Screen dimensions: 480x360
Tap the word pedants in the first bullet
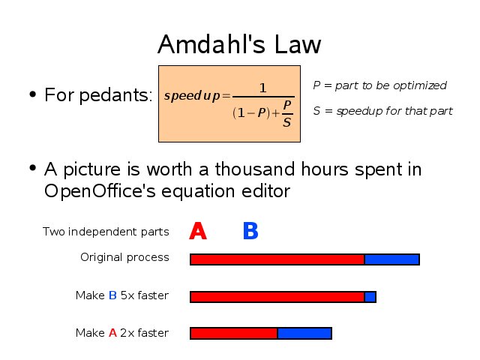(114, 95)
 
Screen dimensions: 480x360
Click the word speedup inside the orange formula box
(192, 96)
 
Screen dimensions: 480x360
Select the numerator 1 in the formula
(263, 88)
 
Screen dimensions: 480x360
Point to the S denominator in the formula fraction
(286, 122)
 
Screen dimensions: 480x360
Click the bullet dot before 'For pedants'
(33, 94)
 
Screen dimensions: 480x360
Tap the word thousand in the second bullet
(255, 169)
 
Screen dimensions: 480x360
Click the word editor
(265, 191)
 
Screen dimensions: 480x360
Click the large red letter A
(198, 231)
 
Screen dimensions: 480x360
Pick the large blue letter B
(250, 231)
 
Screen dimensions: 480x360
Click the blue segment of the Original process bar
(391, 259)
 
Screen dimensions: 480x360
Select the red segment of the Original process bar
(277, 259)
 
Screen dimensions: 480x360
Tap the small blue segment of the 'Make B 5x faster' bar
(370, 297)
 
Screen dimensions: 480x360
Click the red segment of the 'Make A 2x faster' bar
(233, 333)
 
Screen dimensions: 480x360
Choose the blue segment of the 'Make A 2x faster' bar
(304, 333)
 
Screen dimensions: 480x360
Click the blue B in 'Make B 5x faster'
(112, 295)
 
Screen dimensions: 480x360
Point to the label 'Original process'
(124, 258)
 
